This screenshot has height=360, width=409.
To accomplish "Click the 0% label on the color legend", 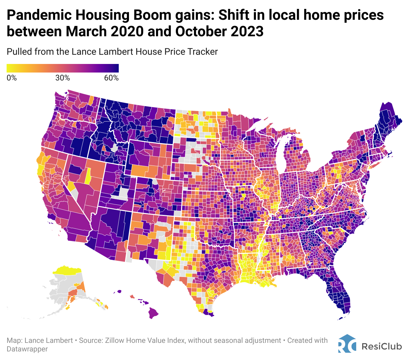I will tap(12, 78).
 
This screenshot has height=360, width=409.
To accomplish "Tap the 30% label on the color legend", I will tap(63, 78).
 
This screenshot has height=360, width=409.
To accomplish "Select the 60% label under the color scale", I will tap(111, 78).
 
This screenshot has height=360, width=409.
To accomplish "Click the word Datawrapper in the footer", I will tap(27, 349).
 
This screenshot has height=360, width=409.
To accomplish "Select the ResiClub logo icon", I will tap(347, 344).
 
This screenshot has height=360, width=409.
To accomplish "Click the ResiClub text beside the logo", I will tap(382, 346).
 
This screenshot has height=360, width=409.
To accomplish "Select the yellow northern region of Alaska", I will tap(68, 271).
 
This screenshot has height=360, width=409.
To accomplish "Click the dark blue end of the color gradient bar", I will tap(115, 68).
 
